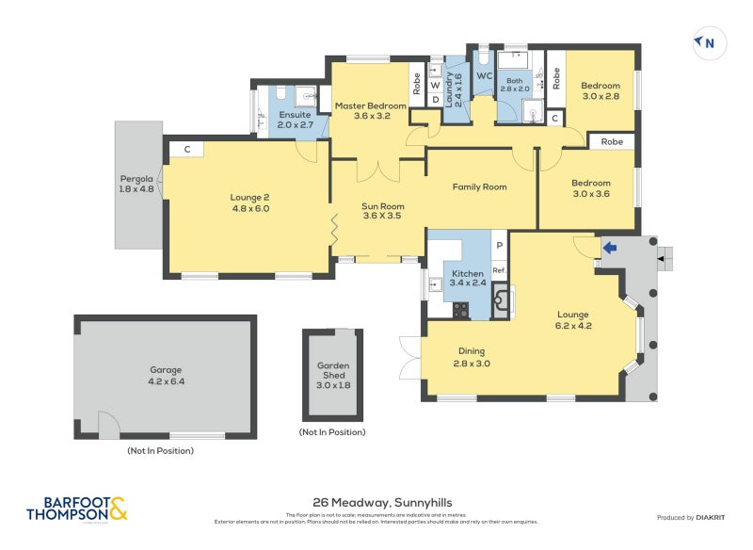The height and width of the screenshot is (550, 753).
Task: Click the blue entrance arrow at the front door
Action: (x=609, y=249)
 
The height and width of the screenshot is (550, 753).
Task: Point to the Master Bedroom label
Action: (x=371, y=111)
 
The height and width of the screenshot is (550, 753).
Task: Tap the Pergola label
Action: (x=136, y=184)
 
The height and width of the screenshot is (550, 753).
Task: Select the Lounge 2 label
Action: (x=249, y=202)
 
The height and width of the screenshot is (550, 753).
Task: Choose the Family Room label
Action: (x=479, y=187)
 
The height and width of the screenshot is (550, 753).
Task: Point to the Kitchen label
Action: (x=467, y=277)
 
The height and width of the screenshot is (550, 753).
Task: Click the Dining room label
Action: (x=473, y=357)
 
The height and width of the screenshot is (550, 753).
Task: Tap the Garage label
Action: (x=165, y=376)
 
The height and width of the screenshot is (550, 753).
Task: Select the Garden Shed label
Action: (x=333, y=375)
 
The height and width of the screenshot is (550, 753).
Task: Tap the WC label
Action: (x=485, y=75)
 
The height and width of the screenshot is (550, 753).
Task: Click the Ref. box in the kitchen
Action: (x=499, y=270)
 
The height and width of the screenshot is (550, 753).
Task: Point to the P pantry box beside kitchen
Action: (x=499, y=245)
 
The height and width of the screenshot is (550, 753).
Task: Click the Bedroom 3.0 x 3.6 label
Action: (x=591, y=188)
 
